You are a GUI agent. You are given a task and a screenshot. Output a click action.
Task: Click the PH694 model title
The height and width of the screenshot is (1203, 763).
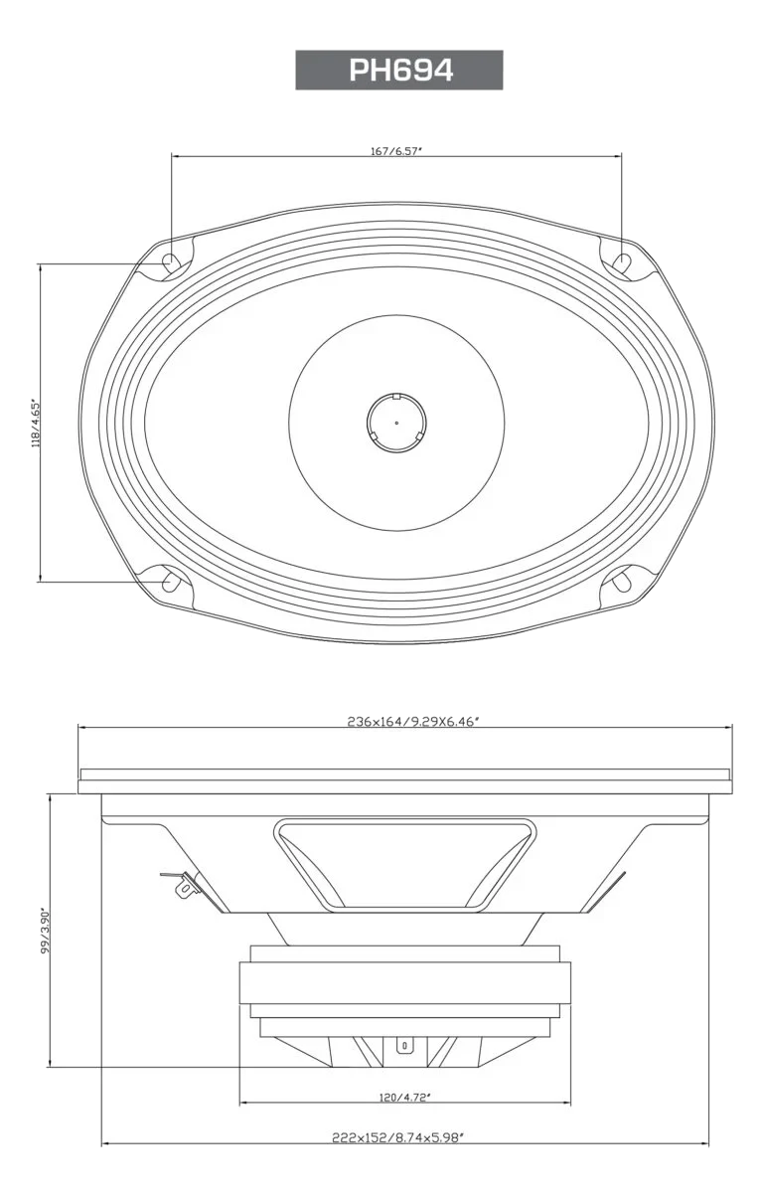[x=400, y=71]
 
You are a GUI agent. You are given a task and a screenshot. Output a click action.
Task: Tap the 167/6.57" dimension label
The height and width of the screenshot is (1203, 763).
[x=396, y=151]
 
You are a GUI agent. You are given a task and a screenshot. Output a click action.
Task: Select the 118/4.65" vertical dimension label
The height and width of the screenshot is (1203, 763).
[x=38, y=426]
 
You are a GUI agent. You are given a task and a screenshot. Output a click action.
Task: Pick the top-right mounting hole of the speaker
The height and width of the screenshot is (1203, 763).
[x=622, y=262]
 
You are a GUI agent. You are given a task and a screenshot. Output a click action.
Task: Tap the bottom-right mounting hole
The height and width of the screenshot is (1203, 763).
[x=623, y=581]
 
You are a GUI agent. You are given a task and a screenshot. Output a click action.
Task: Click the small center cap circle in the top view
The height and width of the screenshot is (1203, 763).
[x=396, y=422]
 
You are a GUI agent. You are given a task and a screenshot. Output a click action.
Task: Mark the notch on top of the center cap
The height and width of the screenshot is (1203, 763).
[x=396, y=397]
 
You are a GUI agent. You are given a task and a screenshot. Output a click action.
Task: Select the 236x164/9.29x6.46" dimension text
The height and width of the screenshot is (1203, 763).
[x=414, y=722]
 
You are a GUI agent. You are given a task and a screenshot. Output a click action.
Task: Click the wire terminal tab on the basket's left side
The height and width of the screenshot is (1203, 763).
[x=183, y=885]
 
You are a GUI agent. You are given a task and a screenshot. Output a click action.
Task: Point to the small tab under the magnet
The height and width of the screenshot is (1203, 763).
[x=403, y=1045]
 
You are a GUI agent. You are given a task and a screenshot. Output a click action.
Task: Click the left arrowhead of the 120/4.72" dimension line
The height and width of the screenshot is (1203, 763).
[x=243, y=1103]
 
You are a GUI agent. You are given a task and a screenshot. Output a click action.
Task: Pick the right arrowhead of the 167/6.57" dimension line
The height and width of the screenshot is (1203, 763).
[x=621, y=155]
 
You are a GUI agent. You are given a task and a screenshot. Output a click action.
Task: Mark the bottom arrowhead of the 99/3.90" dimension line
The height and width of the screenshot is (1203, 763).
[x=47, y=1066]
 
